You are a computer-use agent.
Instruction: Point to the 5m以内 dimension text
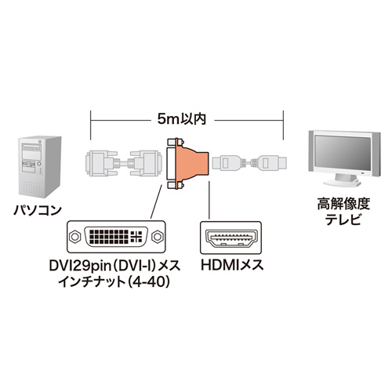click(x=187, y=120)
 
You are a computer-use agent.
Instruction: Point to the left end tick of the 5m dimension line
click(x=91, y=120)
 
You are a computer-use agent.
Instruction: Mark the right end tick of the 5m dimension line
click(x=283, y=120)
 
